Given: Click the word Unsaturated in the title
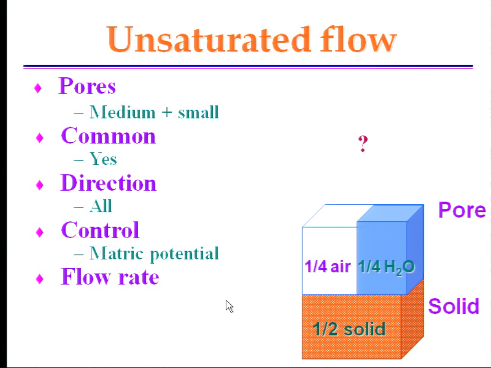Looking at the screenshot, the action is pos(209,39).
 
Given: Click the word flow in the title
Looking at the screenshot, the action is pos(358,39).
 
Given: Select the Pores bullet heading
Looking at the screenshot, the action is pos(87,86).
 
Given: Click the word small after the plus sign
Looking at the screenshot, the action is pos(198,112).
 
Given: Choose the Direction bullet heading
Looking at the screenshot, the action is pos(108,183).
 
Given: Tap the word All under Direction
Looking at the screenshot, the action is pos(101,206).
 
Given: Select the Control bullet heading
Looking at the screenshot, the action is pos(100,230).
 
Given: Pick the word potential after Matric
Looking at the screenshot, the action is pos(184,254).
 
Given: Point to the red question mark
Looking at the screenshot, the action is pos(363,144).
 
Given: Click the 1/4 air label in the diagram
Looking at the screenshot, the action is pos(327,266).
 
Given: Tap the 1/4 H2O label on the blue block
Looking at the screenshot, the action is pos(386,267).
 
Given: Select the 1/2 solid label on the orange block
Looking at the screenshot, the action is pos(349,329).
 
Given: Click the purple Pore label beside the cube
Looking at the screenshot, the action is pos(462,210).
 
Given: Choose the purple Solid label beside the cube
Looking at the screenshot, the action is pos(454,306).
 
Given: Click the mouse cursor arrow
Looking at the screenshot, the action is pos(229,306).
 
